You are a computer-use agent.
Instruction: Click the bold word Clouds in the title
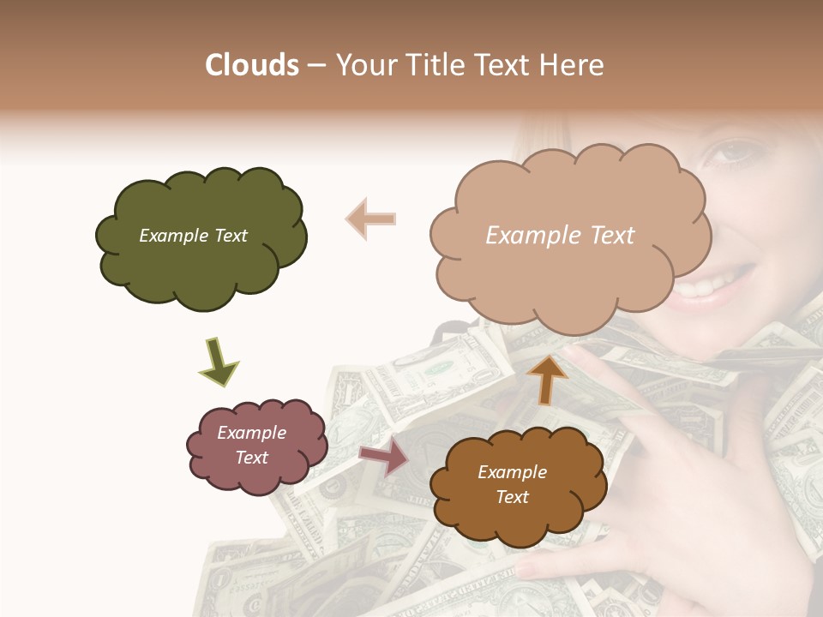click(x=252, y=65)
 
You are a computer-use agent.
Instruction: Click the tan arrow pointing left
click(x=370, y=219)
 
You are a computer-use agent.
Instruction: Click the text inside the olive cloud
click(x=193, y=236)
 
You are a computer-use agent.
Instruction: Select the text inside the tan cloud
click(x=560, y=236)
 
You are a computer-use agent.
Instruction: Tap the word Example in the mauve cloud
click(x=251, y=433)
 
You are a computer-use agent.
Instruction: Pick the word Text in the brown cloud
click(x=512, y=497)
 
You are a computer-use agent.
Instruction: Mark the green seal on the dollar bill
click(x=440, y=368)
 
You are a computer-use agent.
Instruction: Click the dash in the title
click(x=315, y=66)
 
